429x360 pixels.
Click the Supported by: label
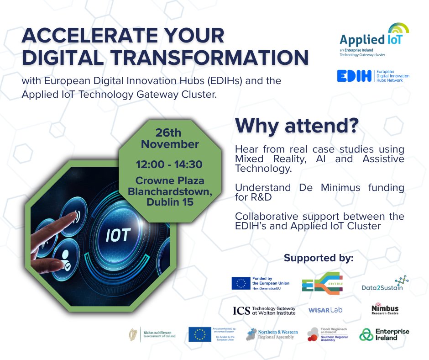[319, 258]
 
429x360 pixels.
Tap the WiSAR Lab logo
[325, 310]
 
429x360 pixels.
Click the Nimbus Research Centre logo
[385, 310]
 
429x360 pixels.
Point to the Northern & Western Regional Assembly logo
[272, 335]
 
